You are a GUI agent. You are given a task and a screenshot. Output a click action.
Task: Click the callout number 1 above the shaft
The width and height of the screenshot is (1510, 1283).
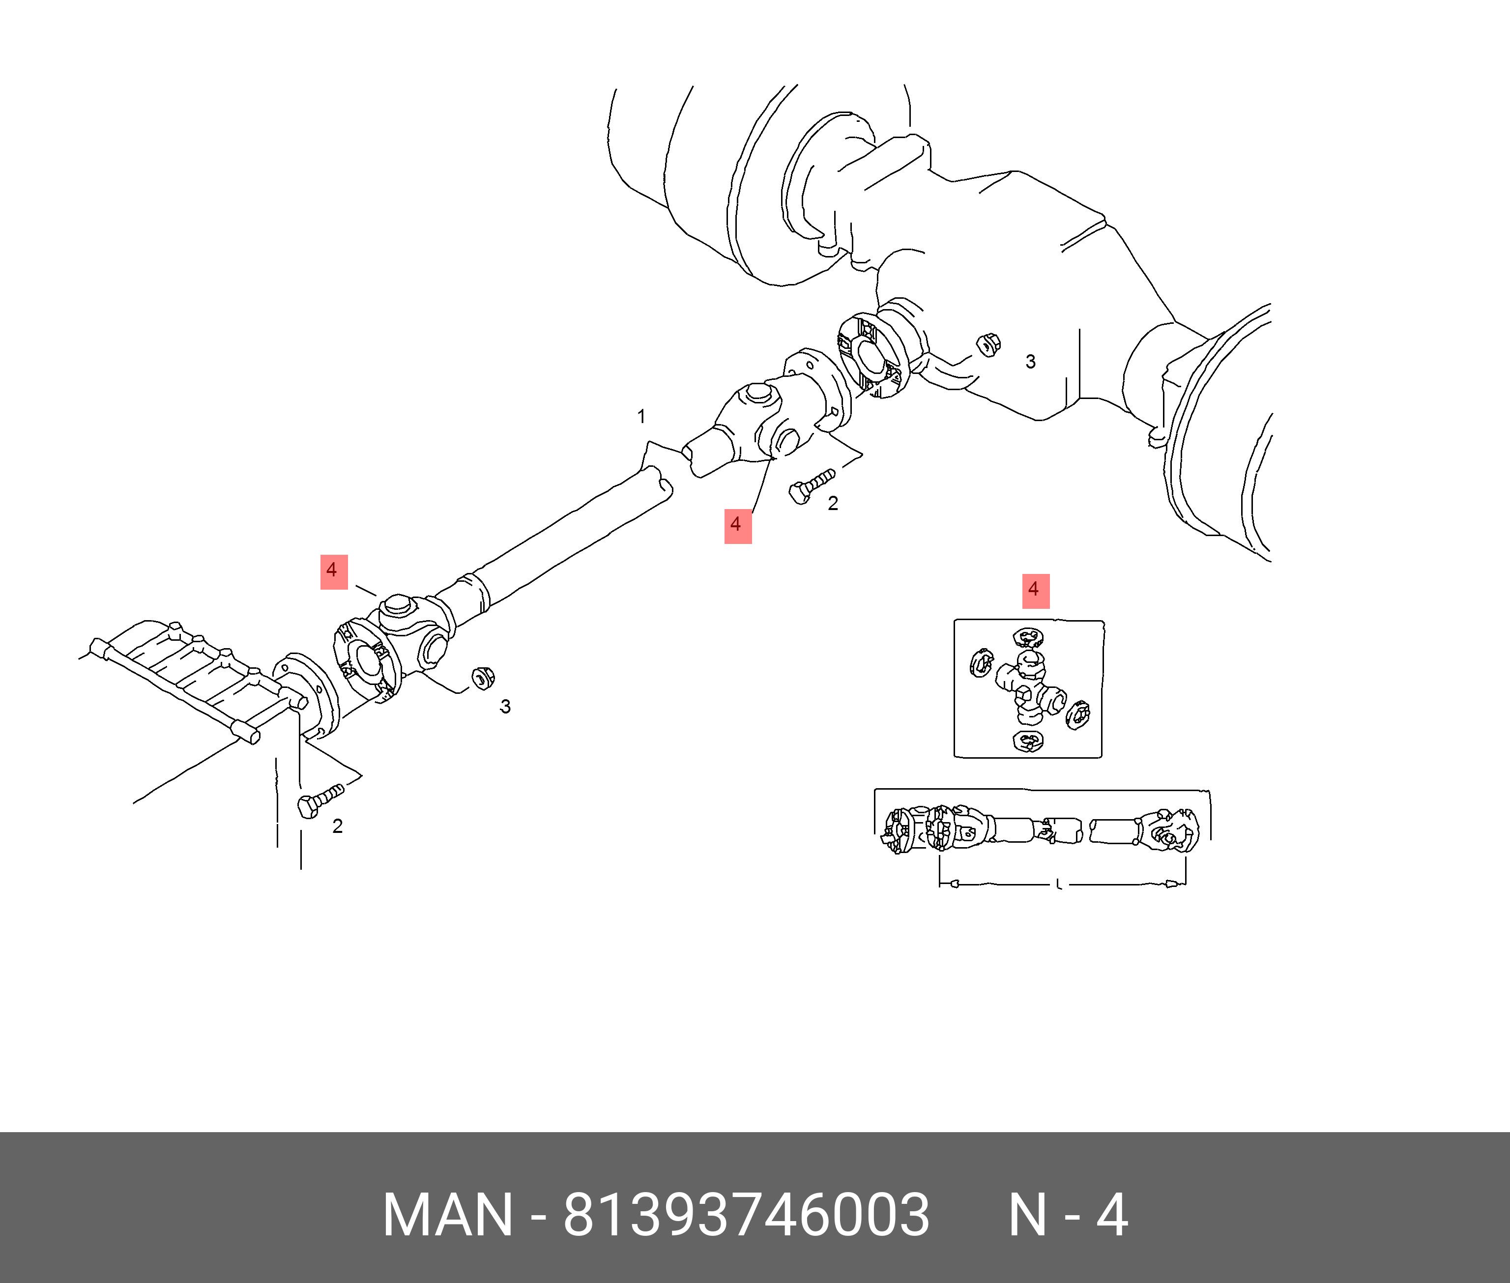pos(641,417)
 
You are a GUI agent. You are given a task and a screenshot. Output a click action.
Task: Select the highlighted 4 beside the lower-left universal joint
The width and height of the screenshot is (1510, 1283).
pos(334,571)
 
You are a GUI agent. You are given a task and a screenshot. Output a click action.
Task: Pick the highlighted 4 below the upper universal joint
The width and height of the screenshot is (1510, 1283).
pos(737,525)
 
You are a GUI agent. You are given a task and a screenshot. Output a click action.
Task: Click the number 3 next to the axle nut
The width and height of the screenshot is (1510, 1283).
pos(1030,362)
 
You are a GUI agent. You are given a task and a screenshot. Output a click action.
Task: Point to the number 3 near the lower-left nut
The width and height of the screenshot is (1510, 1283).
pos(505,706)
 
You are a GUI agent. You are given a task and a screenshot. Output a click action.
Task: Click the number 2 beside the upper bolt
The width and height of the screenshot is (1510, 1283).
pos(833,503)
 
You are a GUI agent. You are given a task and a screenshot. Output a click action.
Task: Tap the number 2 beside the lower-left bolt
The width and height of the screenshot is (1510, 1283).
pos(338,826)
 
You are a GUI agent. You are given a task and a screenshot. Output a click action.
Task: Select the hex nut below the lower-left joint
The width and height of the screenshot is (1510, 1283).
pos(480,677)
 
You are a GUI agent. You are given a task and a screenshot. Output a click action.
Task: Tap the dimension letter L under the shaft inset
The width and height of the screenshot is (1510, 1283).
pos(1058,884)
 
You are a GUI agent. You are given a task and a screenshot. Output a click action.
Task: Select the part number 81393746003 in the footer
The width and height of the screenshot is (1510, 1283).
pos(746,1215)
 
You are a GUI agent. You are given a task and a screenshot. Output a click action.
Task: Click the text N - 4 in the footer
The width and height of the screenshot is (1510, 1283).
pos(1068,1215)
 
